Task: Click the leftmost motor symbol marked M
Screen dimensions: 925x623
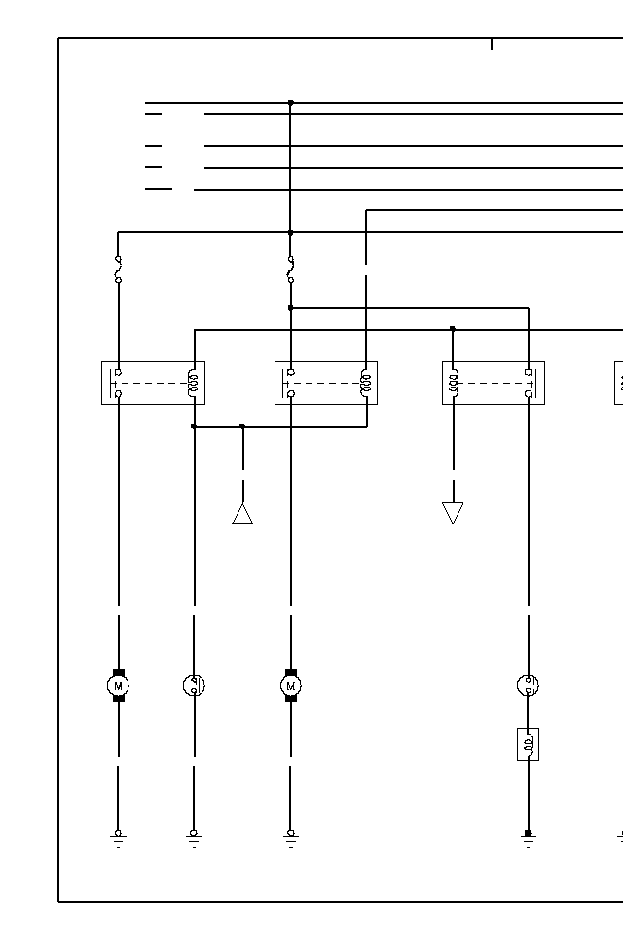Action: pyautogui.click(x=118, y=685)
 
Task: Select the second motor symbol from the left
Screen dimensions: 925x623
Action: pyautogui.click(x=290, y=685)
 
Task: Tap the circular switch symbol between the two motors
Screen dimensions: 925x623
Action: pyautogui.click(x=194, y=685)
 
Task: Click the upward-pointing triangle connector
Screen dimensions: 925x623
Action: pyautogui.click(x=242, y=513)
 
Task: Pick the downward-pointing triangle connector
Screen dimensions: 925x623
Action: pyautogui.click(x=453, y=512)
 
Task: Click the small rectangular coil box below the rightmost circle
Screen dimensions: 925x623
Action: pyautogui.click(x=528, y=745)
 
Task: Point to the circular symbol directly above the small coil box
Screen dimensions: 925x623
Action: pyautogui.click(x=528, y=685)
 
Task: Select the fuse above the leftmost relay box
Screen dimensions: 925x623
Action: pyautogui.click(x=118, y=270)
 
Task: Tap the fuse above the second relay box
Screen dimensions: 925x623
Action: pyautogui.click(x=290, y=270)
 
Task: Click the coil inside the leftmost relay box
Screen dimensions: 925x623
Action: pyautogui.click(x=193, y=383)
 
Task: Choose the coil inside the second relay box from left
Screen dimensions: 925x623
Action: pyautogui.click(x=366, y=383)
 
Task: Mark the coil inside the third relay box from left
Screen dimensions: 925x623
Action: pyautogui.click(x=454, y=383)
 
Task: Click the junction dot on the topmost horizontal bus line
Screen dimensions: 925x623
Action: pyautogui.click(x=290, y=103)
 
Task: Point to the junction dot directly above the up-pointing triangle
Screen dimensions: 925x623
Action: pyautogui.click(x=242, y=426)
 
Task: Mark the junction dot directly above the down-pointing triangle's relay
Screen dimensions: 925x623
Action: pyautogui.click(x=453, y=329)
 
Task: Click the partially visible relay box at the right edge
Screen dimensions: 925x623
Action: pyautogui.click(x=618, y=383)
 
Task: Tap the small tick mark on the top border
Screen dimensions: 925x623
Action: pyautogui.click(x=492, y=44)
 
